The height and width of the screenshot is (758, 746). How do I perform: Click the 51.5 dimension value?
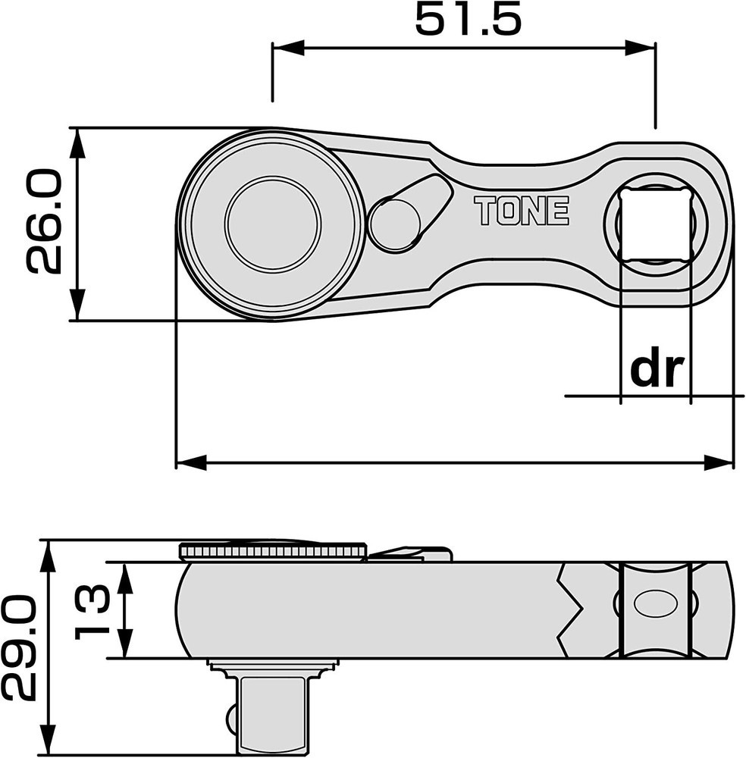[468, 20]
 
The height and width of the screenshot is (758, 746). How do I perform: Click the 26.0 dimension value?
[44, 222]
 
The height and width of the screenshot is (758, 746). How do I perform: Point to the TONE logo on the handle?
[522, 211]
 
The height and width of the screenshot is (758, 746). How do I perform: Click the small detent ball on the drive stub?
[230, 716]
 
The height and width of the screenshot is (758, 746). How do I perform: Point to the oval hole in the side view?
[655, 604]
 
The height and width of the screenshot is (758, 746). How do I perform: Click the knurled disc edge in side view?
[273, 551]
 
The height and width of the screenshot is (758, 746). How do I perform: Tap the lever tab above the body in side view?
[413, 554]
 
